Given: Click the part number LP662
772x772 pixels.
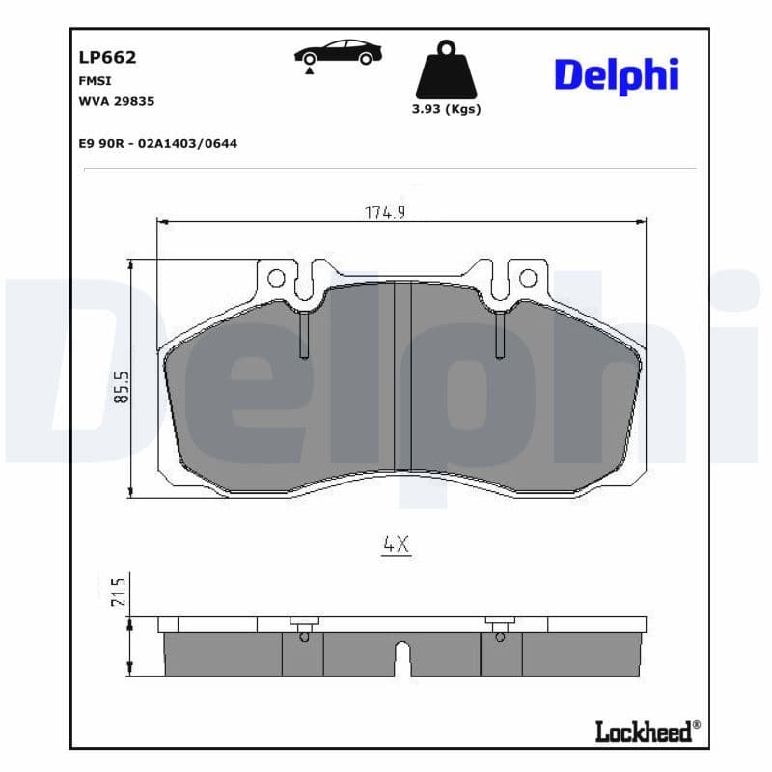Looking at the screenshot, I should coord(107,57).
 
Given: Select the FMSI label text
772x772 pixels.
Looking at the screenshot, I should coord(95,81).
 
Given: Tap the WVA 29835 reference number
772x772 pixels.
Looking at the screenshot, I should coord(117,100).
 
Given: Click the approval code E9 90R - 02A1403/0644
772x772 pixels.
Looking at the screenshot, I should coord(157,143).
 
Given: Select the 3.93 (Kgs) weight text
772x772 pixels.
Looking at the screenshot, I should coord(446,109).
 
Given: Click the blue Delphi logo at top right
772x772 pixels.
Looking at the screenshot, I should coord(616,74).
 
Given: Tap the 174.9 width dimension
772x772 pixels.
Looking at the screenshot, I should coord(384,212).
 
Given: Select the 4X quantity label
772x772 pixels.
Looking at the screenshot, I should coord(396,544).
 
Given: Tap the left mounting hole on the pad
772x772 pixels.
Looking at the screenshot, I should coord(276,279).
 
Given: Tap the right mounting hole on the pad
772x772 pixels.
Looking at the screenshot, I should coord(527,279).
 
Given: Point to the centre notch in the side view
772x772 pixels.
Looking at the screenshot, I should coord(403,659).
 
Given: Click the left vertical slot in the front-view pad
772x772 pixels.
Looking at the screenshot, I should coord(303,333).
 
